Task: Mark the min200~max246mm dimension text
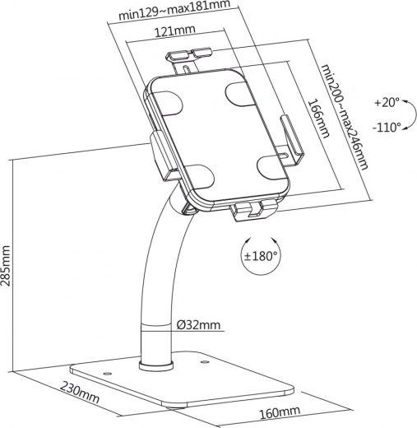coord(343,116)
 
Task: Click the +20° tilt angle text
coord(386,103)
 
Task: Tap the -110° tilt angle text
coord(386,127)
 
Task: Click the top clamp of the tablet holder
coord(188,59)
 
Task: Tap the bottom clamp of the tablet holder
coord(250,212)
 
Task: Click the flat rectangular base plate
coord(181,383)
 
